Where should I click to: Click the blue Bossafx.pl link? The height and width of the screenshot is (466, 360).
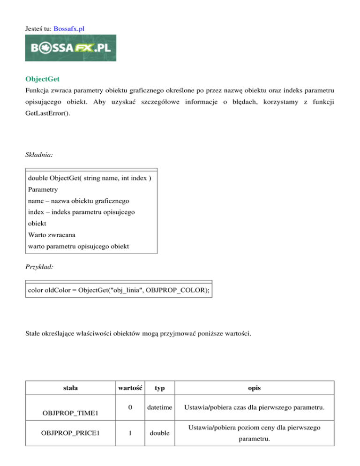69,29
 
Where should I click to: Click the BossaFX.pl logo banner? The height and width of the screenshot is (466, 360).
71,48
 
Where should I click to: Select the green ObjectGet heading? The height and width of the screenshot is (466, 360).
44,79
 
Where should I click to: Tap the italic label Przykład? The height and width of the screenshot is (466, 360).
40,265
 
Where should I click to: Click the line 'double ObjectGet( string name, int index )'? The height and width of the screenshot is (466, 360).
90,179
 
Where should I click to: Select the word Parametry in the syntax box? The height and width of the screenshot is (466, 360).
43,190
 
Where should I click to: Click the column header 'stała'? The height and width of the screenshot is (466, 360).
71,388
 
